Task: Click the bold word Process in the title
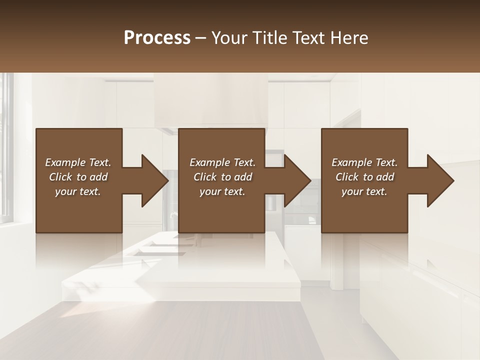(x=157, y=38)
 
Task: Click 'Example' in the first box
(x=65, y=162)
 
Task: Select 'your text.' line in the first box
(x=78, y=191)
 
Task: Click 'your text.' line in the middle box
(x=222, y=191)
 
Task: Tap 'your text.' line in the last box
(x=364, y=191)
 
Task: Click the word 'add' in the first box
(x=98, y=177)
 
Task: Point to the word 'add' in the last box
(x=385, y=177)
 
